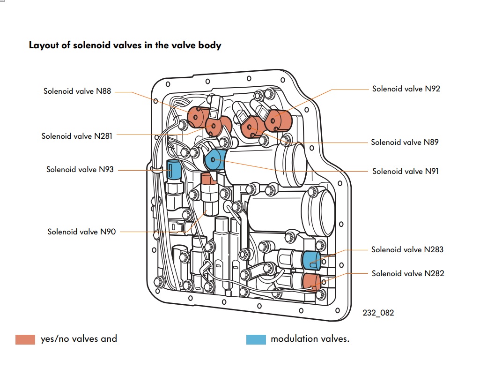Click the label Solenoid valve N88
click(x=77, y=91)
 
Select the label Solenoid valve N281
click(x=77, y=136)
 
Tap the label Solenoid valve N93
click(x=80, y=169)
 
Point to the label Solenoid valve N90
click(x=81, y=232)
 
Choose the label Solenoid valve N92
click(x=406, y=89)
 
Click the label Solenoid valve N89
click(x=405, y=142)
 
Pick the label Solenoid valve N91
click(x=406, y=171)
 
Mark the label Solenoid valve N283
click(x=407, y=249)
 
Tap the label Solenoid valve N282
click(x=407, y=273)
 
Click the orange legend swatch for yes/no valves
click(x=25, y=339)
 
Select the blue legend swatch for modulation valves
click(x=256, y=339)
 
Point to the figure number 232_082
click(x=378, y=313)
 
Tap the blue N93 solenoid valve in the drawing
click(x=174, y=169)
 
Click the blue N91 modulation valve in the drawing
click(x=214, y=159)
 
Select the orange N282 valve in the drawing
click(x=310, y=282)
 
